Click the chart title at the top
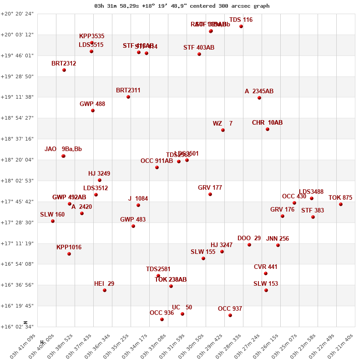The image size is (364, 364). pyautogui.click(x=182, y=6)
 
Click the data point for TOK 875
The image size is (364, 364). pyautogui.click(x=340, y=204)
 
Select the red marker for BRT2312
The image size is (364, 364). pyautogui.click(x=64, y=70)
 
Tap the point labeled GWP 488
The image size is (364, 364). pyautogui.click(x=93, y=111)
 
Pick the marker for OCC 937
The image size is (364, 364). pyautogui.click(x=230, y=315)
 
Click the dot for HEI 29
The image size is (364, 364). pyautogui.click(x=105, y=290)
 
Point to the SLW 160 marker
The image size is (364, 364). pyautogui.click(x=53, y=221)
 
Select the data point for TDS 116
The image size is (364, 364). pyautogui.click(x=241, y=26)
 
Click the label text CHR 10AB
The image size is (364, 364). pyautogui.click(x=267, y=123)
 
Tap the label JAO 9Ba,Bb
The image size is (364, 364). pyautogui.click(x=63, y=149)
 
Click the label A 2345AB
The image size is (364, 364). pyautogui.click(x=259, y=91)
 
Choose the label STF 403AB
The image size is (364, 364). pyautogui.click(x=199, y=48)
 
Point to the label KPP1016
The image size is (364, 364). pyautogui.click(x=69, y=248)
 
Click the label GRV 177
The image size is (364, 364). pyautogui.click(x=210, y=188)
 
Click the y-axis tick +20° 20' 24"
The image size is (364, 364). pyautogui.click(x=17, y=14)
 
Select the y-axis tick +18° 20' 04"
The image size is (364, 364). pyautogui.click(x=17, y=160)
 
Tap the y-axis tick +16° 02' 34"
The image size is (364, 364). pyautogui.click(x=17, y=327)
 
